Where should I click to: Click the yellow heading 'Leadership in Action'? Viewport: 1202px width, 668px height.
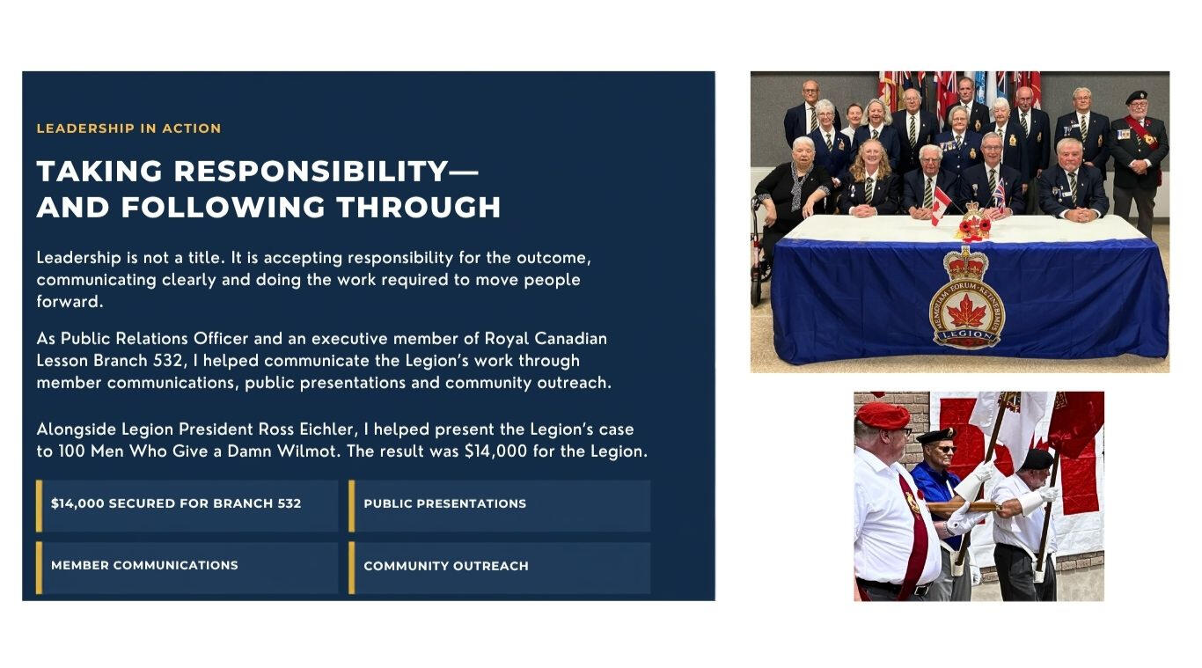click(x=128, y=128)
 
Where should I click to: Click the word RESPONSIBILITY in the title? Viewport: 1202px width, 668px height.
click(x=311, y=171)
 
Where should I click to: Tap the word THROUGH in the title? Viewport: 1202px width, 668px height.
click(x=419, y=207)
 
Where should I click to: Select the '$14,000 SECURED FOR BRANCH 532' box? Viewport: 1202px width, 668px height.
click(x=187, y=506)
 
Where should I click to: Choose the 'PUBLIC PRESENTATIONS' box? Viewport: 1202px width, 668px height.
click(x=500, y=506)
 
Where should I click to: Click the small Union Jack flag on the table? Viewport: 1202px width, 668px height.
click(x=999, y=194)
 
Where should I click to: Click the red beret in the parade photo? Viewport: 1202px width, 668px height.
click(x=883, y=415)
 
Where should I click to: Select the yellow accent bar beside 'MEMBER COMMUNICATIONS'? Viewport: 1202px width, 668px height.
click(x=39, y=569)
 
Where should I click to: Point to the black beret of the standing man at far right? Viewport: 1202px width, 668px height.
click(x=1136, y=96)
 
